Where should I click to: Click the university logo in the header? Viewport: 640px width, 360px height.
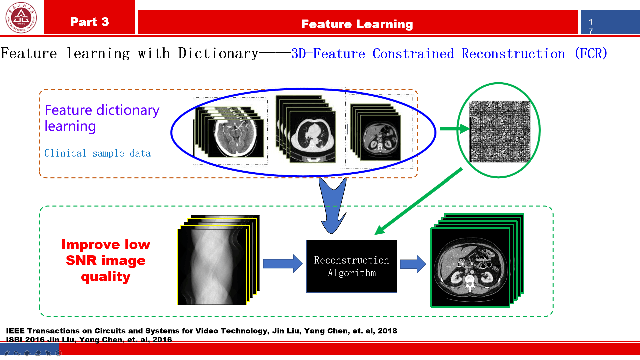pos(21,17)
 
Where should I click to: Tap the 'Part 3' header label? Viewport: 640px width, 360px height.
pos(89,22)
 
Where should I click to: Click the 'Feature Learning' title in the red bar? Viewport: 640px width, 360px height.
pos(357,24)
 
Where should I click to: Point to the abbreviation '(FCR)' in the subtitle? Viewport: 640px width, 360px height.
pos(591,53)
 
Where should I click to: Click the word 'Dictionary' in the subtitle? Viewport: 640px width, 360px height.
pos(218,53)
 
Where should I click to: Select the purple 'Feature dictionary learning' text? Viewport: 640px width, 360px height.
pos(102,118)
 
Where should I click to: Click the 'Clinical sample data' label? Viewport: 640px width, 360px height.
pos(97,153)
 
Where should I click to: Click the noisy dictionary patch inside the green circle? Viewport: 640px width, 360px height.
pos(500,132)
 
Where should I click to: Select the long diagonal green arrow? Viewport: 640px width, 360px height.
pos(418,202)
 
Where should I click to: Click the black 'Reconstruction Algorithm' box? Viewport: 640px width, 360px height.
pos(352,266)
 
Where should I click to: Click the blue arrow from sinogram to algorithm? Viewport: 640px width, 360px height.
pos(283,264)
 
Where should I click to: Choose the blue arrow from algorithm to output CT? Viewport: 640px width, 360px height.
pos(413,264)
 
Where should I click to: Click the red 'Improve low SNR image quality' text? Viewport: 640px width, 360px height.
pos(106,260)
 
